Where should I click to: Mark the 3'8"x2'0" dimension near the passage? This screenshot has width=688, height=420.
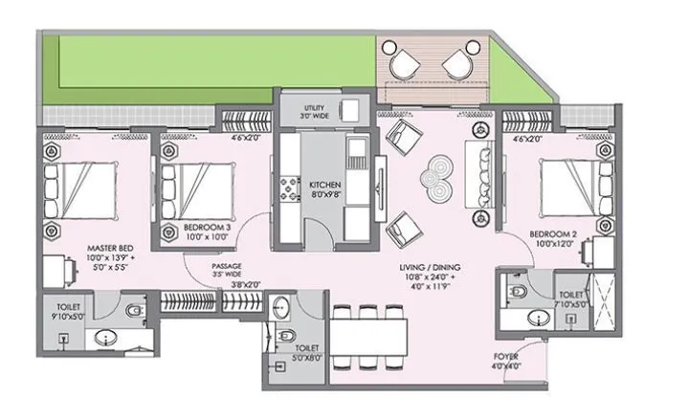pos(246,284)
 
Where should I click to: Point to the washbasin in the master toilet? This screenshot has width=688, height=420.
pos(102,338)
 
